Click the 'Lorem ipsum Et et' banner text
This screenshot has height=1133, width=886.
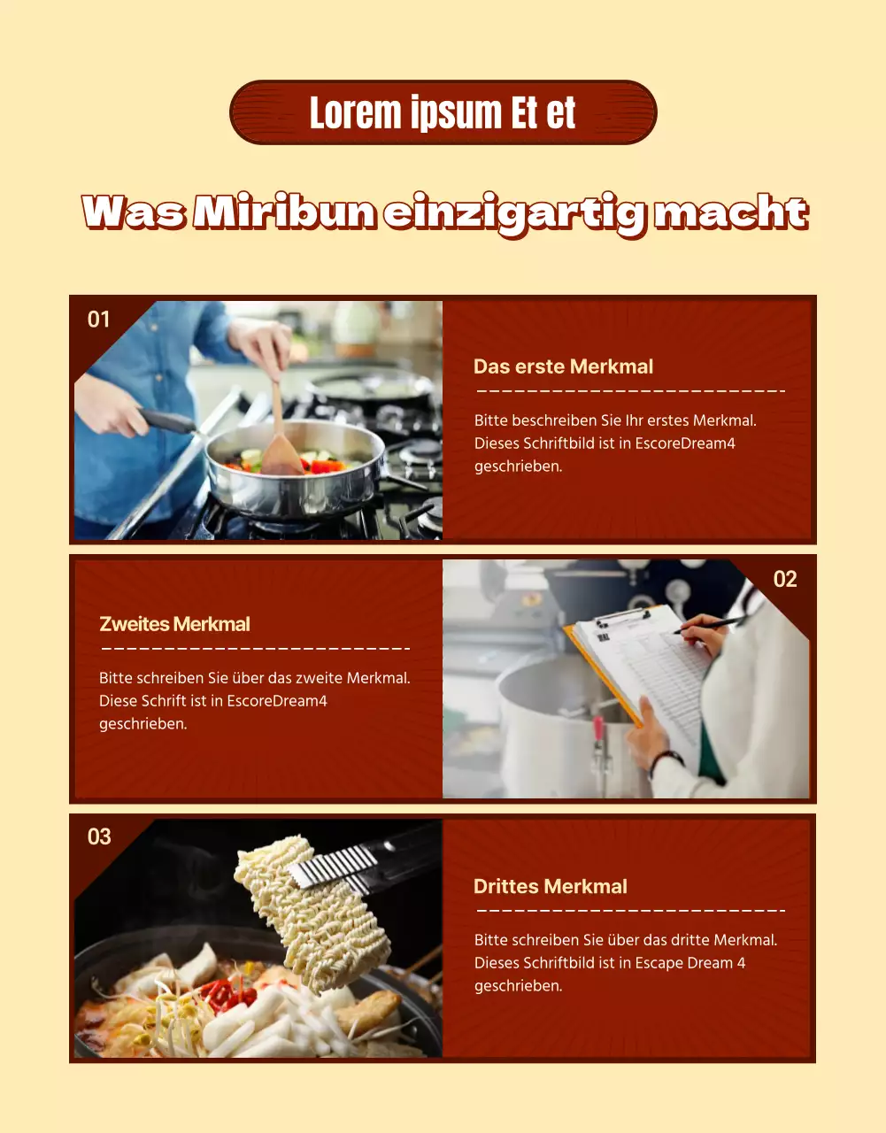(x=443, y=112)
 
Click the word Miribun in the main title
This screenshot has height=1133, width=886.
(x=284, y=212)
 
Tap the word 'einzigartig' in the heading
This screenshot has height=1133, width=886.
(x=514, y=215)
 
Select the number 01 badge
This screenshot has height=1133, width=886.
(x=98, y=320)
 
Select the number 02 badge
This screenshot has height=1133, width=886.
(x=785, y=579)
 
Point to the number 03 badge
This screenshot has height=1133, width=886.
(x=99, y=836)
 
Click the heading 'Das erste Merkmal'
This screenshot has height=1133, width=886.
(x=563, y=366)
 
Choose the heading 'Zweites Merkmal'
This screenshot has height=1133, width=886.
(x=174, y=624)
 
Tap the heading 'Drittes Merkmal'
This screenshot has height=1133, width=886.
(x=551, y=886)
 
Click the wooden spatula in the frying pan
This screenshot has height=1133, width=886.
(x=280, y=433)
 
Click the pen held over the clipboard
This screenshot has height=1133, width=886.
(x=710, y=624)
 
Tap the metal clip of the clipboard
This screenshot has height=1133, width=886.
(x=623, y=617)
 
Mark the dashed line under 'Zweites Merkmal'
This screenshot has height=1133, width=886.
(x=256, y=649)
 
